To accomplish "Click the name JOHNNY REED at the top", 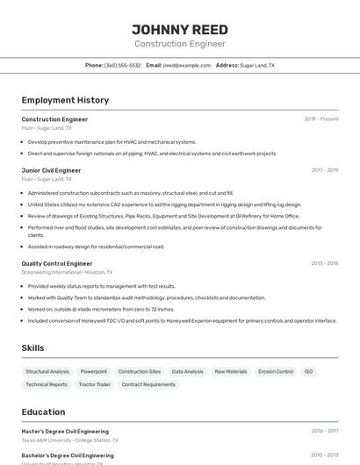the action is click(180, 30).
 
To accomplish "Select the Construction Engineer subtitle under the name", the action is click(180, 44).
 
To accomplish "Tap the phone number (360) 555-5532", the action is click(122, 65).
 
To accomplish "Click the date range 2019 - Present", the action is click(321, 118).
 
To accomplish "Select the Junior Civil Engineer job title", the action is click(51, 170).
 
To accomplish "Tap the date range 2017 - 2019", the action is click(324, 170).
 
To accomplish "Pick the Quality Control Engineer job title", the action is click(57, 263).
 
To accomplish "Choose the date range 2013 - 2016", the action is click(324, 263).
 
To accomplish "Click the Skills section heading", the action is click(32, 348).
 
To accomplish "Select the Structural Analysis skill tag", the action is click(47, 371).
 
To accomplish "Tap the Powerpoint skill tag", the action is click(94, 371).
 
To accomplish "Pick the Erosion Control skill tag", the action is click(276, 371).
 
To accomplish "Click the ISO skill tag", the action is click(308, 371).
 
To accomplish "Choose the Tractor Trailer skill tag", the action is click(95, 384).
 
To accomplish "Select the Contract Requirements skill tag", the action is click(148, 384).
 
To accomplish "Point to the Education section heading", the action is click(43, 411).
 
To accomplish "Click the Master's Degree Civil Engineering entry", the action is click(65, 431).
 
